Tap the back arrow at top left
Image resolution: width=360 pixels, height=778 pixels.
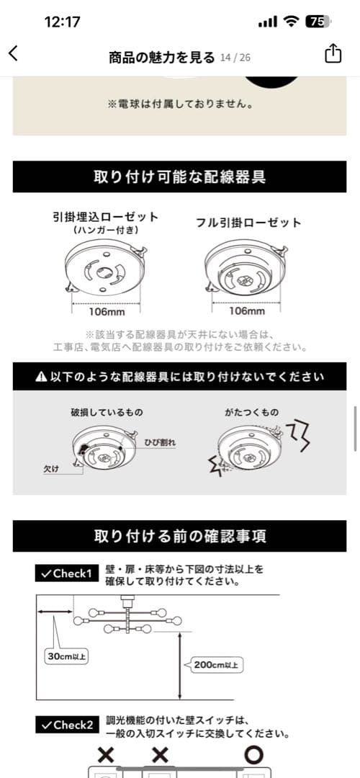pos(13,53)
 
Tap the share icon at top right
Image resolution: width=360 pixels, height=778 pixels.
pos(333,54)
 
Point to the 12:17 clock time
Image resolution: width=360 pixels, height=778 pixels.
pos(62,22)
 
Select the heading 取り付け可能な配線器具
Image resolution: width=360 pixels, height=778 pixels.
pos(179,176)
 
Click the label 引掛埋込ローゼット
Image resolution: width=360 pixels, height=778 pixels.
pos(106,216)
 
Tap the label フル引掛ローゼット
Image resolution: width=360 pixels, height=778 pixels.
pos(248,223)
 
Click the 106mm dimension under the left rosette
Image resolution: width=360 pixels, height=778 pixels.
pos(106,312)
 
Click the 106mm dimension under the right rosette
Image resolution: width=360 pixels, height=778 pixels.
pos(246,312)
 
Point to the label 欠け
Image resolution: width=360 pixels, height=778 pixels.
pos(50,468)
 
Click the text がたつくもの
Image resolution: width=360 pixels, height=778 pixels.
pos(251,413)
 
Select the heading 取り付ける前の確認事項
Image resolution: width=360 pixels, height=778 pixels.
pos(179,536)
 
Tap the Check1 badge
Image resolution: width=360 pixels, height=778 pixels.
pos(66,573)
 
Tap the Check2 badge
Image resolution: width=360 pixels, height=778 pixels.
pos(66,724)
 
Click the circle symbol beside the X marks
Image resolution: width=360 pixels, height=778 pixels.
pos(253,755)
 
